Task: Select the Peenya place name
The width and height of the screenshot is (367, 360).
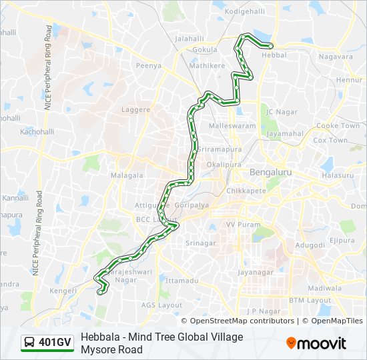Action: coord(149,66)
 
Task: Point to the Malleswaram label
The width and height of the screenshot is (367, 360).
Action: coord(232,125)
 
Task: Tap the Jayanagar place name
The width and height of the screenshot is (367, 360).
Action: coord(256,272)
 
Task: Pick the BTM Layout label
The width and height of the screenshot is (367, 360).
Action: coord(310,301)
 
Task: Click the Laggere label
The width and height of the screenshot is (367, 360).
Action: coord(136,108)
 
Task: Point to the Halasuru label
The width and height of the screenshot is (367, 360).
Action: coord(337,175)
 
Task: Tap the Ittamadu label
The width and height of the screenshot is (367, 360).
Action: coord(181,281)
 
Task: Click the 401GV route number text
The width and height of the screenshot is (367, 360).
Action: coord(55,343)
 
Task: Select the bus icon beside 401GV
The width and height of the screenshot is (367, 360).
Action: coord(30,343)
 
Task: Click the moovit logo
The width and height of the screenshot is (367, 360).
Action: coord(316,343)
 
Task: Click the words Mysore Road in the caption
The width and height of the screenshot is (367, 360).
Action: coord(111,349)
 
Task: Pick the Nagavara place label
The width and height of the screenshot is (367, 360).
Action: coord(336,57)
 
